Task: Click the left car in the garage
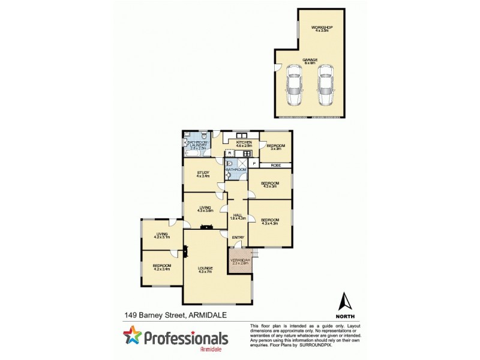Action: (x=295, y=85)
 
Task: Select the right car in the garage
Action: (x=325, y=85)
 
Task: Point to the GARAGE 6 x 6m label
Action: (x=310, y=62)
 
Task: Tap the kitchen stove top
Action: (x=246, y=154)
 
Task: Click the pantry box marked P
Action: (x=254, y=164)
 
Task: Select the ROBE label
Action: (x=276, y=164)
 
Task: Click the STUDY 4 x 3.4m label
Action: (x=203, y=175)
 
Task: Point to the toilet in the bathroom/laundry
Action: (x=204, y=136)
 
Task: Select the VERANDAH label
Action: (x=241, y=260)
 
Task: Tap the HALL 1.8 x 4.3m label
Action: (x=237, y=217)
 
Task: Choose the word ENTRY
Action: (x=238, y=237)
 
